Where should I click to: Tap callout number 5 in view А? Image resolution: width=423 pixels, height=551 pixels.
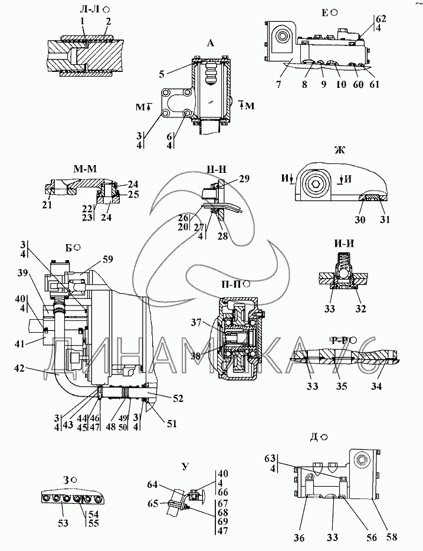pyautogui.click(x=162, y=74)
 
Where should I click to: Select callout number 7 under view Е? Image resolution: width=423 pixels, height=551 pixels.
pyautogui.click(x=278, y=84)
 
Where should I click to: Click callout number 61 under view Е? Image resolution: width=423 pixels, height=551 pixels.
pyautogui.click(x=375, y=84)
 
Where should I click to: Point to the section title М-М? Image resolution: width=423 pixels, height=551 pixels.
pyautogui.click(x=85, y=169)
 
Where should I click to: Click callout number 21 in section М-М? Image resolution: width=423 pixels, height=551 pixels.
pyautogui.click(x=47, y=205)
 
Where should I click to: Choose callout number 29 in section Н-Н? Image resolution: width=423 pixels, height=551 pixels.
pyautogui.click(x=244, y=179)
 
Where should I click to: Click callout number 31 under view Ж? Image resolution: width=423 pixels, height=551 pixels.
pyautogui.click(x=385, y=219)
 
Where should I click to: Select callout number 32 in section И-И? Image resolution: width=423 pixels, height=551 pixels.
pyautogui.click(x=361, y=309)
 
